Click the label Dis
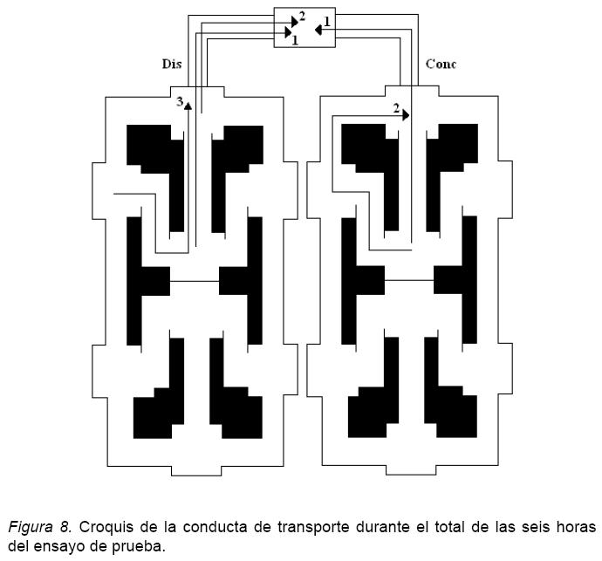[x=172, y=64]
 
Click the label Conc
[x=441, y=64]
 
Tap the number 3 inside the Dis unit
[x=180, y=102]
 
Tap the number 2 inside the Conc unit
[x=395, y=109]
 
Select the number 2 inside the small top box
[x=302, y=16]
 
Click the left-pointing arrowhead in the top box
[x=318, y=30]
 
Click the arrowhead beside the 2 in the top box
[x=294, y=18]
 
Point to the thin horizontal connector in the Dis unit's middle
[x=195, y=281]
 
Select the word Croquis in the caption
[x=106, y=527]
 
